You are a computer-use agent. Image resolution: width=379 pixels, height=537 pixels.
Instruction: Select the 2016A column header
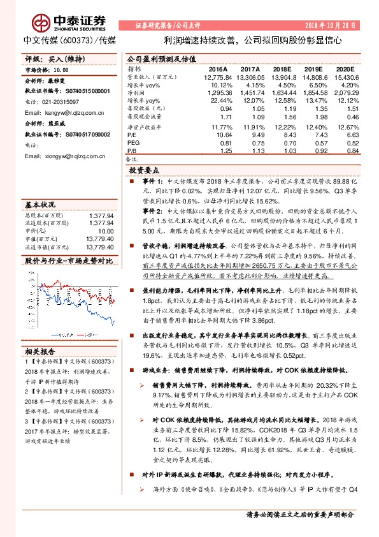pos(218,68)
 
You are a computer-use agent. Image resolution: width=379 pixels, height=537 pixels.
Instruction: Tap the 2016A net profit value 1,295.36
pos(217,92)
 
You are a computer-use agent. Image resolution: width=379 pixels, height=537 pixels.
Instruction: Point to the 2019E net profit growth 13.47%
pos(313,101)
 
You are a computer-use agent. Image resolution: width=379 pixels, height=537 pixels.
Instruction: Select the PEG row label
pos(133,143)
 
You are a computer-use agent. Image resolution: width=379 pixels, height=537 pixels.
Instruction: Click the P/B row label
pos(132,151)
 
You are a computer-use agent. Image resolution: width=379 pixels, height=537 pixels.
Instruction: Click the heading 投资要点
pos(143,171)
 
